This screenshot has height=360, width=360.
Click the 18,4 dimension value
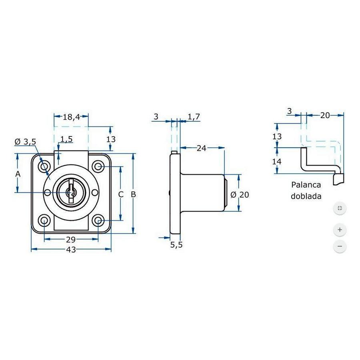click(x=72, y=117)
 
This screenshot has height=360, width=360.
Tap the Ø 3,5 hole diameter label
click(x=25, y=142)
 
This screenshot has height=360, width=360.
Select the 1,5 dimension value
click(x=66, y=139)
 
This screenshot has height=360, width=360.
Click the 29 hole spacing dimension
click(x=71, y=240)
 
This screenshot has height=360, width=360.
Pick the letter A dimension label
click(x=17, y=174)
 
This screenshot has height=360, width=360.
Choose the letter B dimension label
click(x=134, y=194)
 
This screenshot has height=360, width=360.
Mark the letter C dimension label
click(x=120, y=194)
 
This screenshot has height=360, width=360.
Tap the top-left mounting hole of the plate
click(x=44, y=166)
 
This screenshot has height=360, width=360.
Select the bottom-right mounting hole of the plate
click(x=98, y=220)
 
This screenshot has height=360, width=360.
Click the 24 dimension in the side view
click(x=201, y=148)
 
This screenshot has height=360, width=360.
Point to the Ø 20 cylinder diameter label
click(x=240, y=195)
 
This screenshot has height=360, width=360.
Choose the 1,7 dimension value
click(x=194, y=116)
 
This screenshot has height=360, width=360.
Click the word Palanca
click(x=306, y=185)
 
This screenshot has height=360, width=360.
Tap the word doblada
click(x=306, y=197)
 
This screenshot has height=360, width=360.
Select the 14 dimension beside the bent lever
click(x=277, y=162)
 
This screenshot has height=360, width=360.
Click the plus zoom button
click(x=340, y=230)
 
